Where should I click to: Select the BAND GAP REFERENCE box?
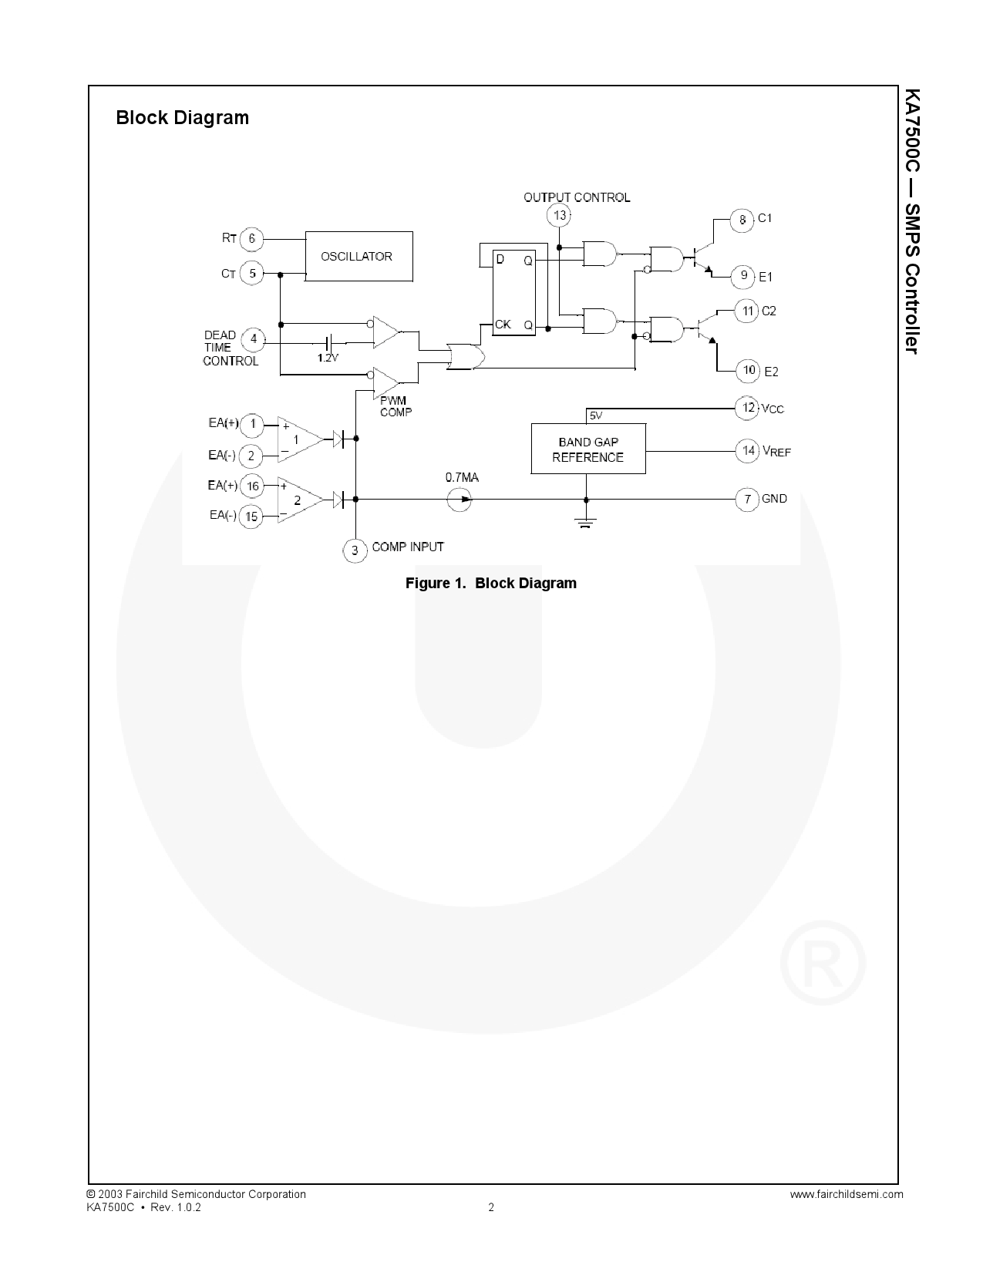pos(588,449)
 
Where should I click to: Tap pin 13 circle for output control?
pos(559,215)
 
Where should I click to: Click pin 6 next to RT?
pos(251,239)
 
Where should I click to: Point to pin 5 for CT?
pos(251,273)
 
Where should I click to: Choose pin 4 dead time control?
pos(253,339)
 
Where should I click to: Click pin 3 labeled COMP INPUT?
pos(355,550)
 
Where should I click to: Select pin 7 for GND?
pos(747,500)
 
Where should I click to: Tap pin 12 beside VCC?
pos(747,407)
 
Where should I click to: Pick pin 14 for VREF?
pos(747,450)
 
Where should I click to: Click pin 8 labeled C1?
pos(742,220)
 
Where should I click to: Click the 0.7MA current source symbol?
pos(460,499)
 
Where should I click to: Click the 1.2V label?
pos(328,358)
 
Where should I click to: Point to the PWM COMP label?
pos(396,406)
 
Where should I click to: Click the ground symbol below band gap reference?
pos(586,524)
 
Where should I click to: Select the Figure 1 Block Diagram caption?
pos(491,583)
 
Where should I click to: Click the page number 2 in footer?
pos(491,1207)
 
